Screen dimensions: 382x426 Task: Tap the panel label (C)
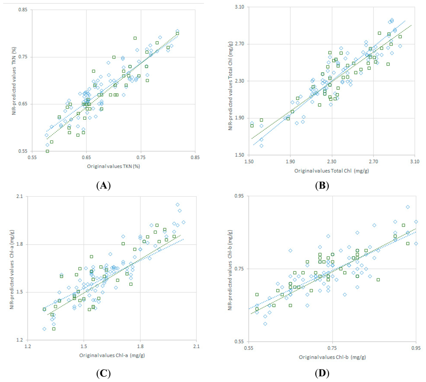tap(103, 373)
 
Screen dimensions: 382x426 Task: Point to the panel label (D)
tap(321, 373)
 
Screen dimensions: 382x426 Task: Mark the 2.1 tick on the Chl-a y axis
tap(21, 197)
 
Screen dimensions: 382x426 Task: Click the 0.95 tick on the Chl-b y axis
tap(238, 196)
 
